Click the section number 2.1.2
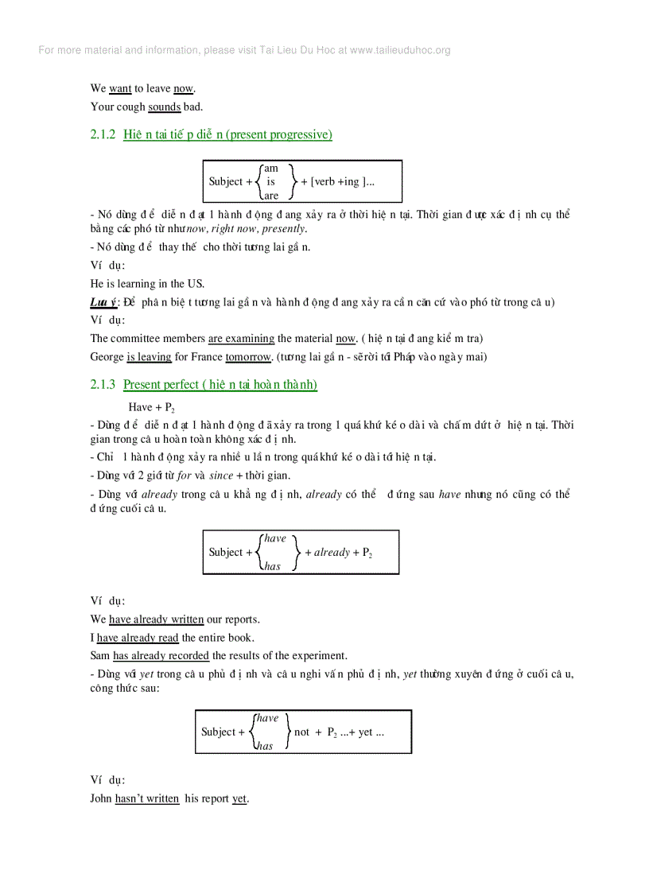(103, 135)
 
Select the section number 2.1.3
(103, 385)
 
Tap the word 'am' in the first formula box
(271, 168)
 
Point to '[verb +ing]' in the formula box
(343, 182)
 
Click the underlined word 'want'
(120, 89)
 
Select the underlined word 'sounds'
(165, 107)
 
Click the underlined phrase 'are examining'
(241, 339)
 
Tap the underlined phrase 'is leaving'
(149, 357)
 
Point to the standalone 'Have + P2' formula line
(151, 407)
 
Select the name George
(107, 357)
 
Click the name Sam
(100, 656)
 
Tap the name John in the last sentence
(101, 799)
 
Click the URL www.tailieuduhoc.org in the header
(400, 50)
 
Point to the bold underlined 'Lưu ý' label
(103, 302)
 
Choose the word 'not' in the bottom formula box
(302, 732)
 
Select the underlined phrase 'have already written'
(156, 619)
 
